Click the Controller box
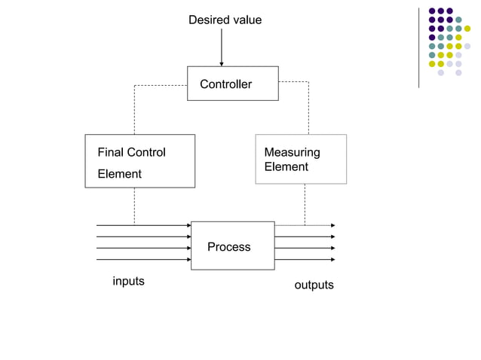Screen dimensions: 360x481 point(232,84)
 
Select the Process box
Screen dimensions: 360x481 point(232,246)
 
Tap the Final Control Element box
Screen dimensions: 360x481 point(139,161)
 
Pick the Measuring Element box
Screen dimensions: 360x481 point(300,159)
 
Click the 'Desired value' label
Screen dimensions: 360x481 point(225,20)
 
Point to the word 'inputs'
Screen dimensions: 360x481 point(128,281)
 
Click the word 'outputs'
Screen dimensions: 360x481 point(314,285)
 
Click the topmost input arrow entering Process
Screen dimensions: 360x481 point(143,225)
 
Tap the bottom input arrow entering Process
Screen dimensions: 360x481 point(143,259)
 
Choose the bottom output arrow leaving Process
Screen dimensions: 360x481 point(305,259)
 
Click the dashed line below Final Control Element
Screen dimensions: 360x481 point(134,206)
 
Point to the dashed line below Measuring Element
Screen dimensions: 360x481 point(305,204)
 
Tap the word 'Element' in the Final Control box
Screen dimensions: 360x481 point(119,174)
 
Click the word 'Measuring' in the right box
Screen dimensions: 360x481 point(292,152)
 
